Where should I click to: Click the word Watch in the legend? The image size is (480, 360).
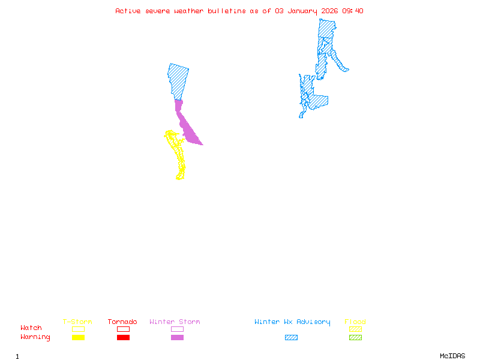(31, 328)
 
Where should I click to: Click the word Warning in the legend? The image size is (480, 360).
(35, 337)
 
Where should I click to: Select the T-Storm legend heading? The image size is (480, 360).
(77, 322)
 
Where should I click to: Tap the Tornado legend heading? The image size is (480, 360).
(122, 322)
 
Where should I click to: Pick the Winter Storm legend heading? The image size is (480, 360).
(175, 322)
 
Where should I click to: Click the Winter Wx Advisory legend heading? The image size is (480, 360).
(292, 322)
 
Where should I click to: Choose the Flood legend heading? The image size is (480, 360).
(355, 322)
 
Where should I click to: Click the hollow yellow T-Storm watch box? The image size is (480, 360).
(78, 329)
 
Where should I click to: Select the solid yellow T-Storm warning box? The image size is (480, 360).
(78, 337)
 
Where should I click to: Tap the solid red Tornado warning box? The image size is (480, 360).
(123, 337)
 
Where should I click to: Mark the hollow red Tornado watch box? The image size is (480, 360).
(123, 329)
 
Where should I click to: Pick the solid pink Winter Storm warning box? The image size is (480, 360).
(177, 337)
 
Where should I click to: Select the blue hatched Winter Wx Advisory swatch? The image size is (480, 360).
(291, 337)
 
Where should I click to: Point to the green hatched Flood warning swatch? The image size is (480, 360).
(355, 337)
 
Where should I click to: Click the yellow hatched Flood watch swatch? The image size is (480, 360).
(355, 329)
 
